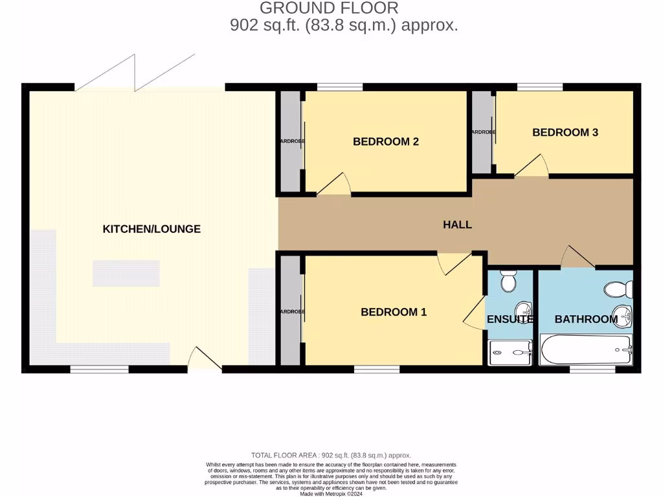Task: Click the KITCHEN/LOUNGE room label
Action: [x=152, y=228]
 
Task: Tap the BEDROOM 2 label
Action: [x=385, y=142]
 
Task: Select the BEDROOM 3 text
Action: [x=565, y=132]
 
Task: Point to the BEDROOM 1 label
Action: [x=394, y=312]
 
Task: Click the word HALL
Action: [x=457, y=225]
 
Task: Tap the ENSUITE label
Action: [x=510, y=319]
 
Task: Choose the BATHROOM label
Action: [x=585, y=319]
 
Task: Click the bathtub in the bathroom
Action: [x=585, y=351]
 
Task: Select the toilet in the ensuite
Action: [x=508, y=282]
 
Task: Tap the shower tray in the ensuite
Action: [x=510, y=353]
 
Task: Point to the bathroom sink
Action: [x=620, y=315]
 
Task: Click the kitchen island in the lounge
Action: [x=126, y=273]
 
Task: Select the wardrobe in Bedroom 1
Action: [x=291, y=311]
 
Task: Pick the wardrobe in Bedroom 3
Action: [x=482, y=132]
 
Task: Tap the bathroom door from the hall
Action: [x=578, y=257]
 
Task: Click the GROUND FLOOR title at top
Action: [x=329, y=8]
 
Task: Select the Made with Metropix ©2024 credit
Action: [x=331, y=493]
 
